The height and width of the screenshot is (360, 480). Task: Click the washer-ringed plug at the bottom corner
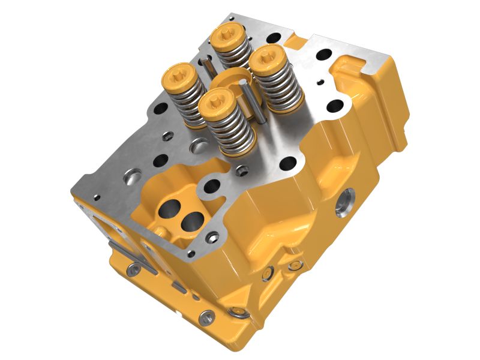[x=238, y=313]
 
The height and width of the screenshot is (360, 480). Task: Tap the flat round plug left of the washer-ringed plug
[x=208, y=314]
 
